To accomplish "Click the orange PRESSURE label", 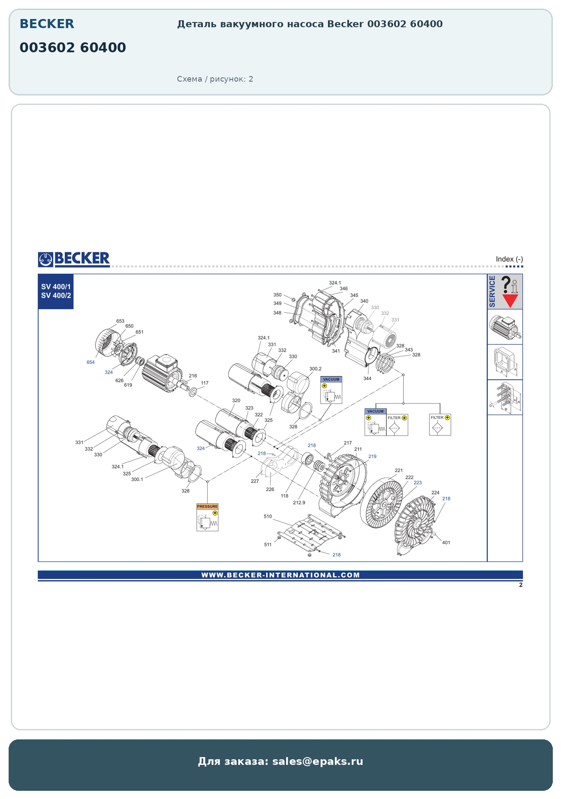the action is (x=207, y=506).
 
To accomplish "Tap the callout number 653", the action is (x=120, y=321).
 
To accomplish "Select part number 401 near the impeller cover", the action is (x=446, y=542).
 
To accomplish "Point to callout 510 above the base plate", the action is (x=268, y=516).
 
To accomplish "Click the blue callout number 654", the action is (x=91, y=362).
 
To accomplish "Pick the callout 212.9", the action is (x=299, y=503).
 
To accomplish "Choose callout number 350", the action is (x=277, y=295).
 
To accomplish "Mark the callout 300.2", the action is (x=315, y=369).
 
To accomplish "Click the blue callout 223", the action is (x=418, y=483).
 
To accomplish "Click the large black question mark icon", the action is (x=506, y=285).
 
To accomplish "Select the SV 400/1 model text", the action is (x=56, y=287).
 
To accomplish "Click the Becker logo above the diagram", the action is (x=74, y=259).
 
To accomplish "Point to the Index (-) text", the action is (x=509, y=259).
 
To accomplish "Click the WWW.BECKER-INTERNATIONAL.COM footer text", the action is (x=280, y=575).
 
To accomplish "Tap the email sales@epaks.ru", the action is (x=318, y=761).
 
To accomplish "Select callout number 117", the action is (x=205, y=383).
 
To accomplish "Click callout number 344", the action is (x=367, y=379).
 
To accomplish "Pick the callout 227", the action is (x=255, y=481).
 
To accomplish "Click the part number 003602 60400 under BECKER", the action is (x=72, y=48).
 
